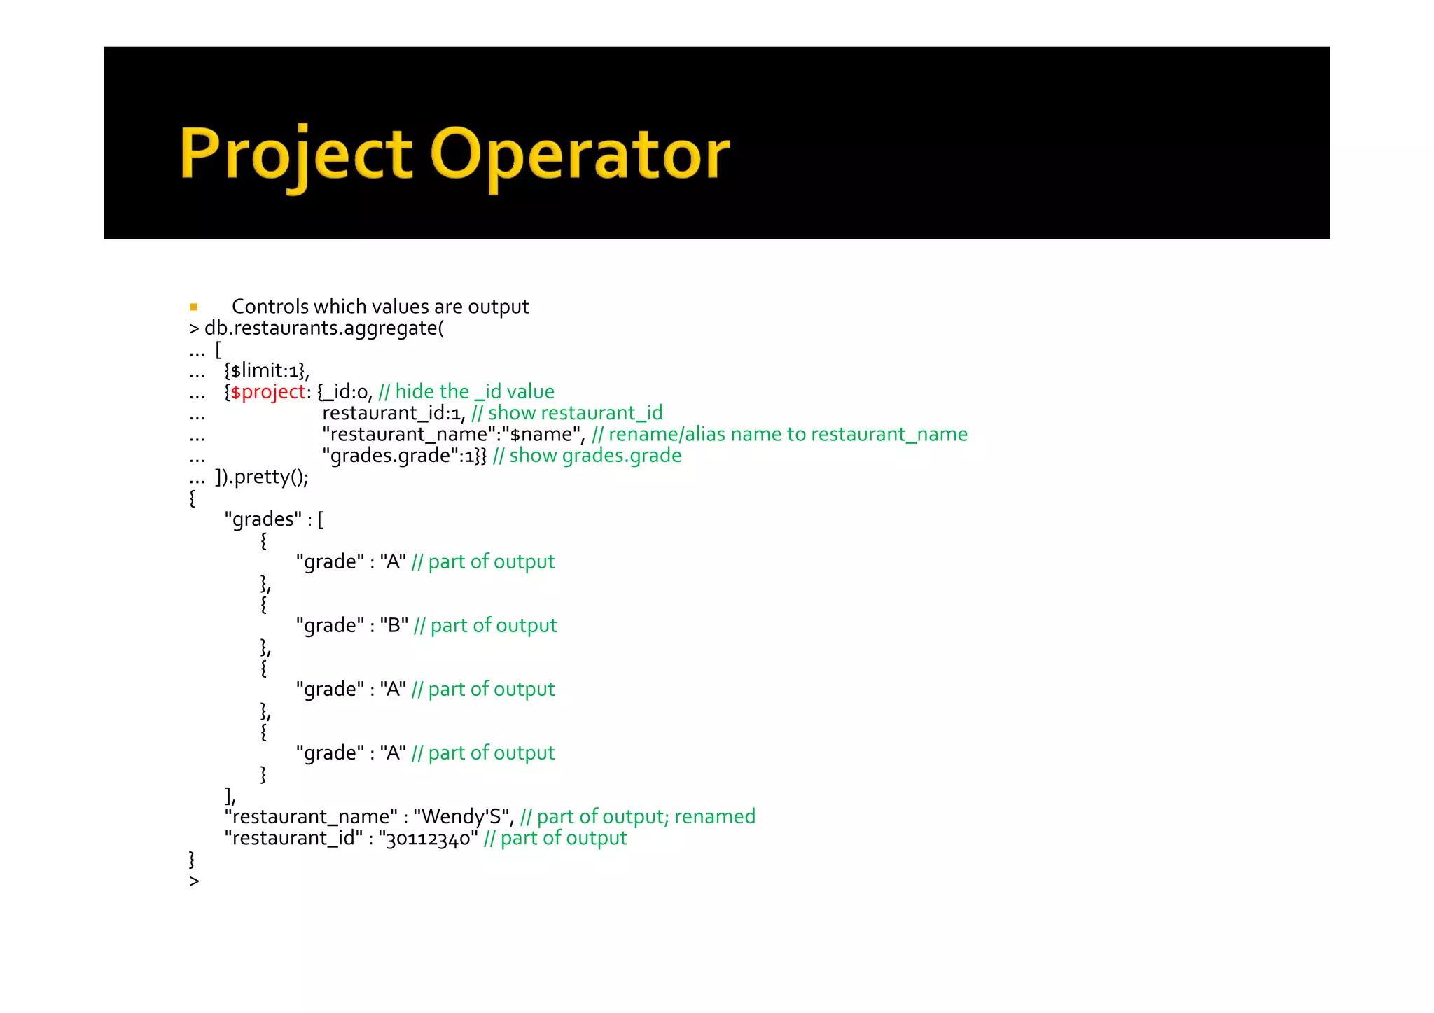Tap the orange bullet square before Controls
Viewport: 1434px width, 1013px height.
tap(193, 307)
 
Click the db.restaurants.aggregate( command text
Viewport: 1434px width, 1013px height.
tap(323, 328)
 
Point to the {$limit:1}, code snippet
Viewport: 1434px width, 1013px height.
tap(266, 370)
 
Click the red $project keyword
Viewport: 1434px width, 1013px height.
tap(268, 392)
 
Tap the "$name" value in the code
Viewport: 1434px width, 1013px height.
tap(543, 435)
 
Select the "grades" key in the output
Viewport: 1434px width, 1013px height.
tap(263, 519)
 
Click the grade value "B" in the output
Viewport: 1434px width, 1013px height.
tap(394, 625)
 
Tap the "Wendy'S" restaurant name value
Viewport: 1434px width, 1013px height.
tap(463, 817)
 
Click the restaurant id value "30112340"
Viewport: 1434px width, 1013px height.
tap(429, 839)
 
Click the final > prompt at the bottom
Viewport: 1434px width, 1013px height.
tap(194, 881)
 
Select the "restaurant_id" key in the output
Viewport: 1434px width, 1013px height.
tap(293, 839)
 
